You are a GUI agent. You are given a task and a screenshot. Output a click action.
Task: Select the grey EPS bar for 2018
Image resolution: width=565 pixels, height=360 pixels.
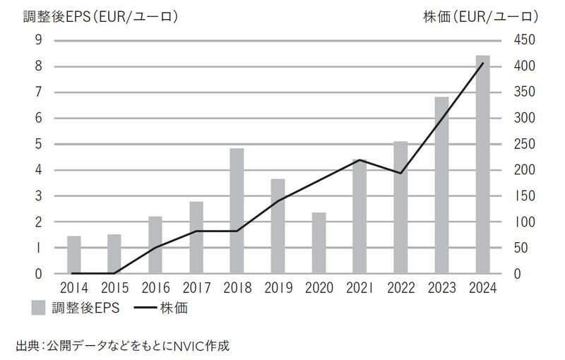pos(237,211)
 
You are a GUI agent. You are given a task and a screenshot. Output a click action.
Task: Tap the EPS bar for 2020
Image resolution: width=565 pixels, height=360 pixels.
pos(319,243)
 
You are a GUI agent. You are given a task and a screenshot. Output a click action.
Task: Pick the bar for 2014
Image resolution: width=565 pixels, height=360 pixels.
pos(73,255)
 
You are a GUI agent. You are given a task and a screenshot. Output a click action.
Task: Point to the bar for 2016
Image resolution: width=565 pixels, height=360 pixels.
pos(155,245)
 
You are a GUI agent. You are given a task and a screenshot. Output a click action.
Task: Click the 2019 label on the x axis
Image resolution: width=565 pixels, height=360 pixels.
pos(278,288)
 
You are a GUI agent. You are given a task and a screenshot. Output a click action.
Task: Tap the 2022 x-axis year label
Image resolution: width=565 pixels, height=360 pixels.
pos(400,288)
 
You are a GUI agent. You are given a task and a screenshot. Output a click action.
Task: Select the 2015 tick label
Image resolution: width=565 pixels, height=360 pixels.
pos(114,288)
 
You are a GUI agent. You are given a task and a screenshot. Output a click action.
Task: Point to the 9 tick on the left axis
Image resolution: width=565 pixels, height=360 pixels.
pos(38,40)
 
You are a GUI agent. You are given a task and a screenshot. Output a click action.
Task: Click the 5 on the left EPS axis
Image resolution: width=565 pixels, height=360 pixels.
pos(38,144)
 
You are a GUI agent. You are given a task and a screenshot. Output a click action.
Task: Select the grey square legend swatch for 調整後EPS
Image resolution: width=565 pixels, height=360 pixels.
pos(40,307)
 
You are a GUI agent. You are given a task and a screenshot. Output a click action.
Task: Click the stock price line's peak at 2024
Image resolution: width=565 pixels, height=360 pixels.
pos(483,64)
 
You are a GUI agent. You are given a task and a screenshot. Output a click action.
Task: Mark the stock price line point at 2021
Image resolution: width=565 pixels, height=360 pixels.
pos(360,160)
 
